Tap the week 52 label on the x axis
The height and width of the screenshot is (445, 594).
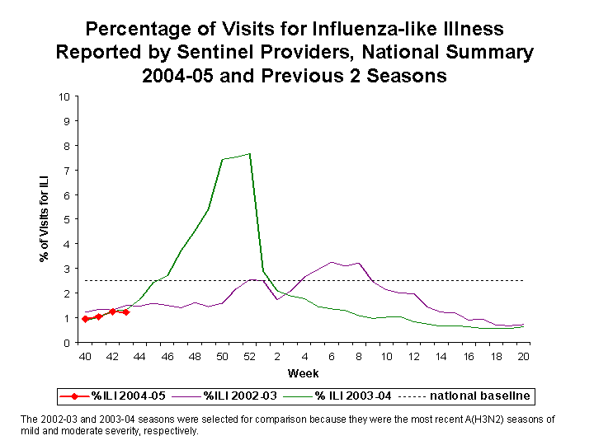pos(249,355)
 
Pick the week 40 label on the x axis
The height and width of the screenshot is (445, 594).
pos(84,355)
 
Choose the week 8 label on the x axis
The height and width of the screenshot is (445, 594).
pos(359,355)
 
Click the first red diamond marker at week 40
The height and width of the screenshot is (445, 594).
pos(85,319)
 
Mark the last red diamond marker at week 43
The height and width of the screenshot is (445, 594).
pos(125,312)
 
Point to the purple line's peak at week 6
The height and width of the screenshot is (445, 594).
pos(332,262)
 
